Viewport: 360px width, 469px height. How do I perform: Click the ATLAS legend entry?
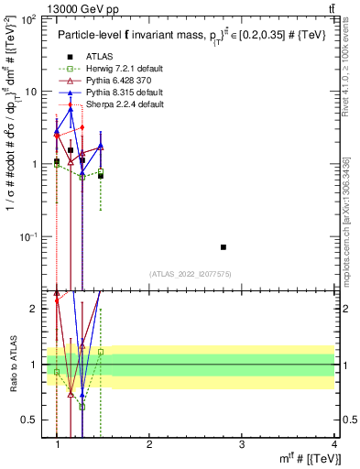click(x=95, y=57)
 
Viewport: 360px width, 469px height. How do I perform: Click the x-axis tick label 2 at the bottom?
click(x=150, y=444)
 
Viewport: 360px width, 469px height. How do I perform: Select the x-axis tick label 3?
click(x=242, y=444)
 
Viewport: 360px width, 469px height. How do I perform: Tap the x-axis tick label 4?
click(x=333, y=444)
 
